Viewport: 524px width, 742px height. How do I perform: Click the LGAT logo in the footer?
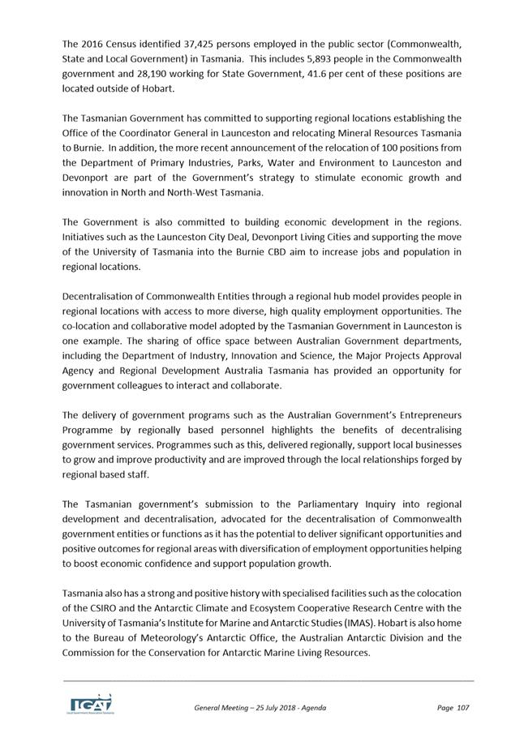(88, 704)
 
